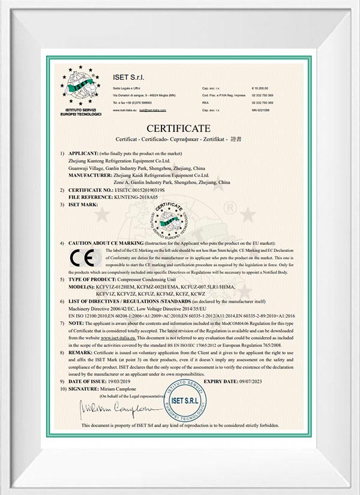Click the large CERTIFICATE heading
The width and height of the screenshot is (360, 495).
[x=179, y=128]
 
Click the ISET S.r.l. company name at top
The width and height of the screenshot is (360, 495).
[x=129, y=77]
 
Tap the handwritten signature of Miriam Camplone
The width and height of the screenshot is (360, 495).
[x=114, y=409]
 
